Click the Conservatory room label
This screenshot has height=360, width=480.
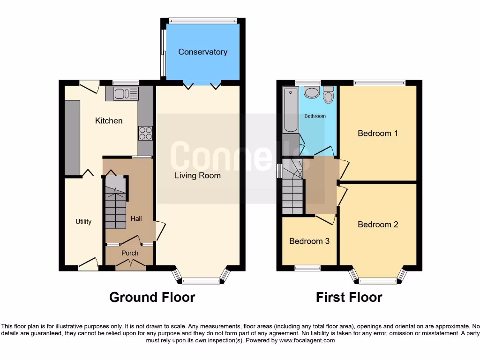202,52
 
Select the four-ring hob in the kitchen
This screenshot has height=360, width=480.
145,134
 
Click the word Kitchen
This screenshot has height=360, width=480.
109,121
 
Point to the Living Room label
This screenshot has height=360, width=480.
197,176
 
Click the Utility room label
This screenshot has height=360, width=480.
83,222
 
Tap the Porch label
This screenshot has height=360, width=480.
130,253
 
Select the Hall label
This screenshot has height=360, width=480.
136,218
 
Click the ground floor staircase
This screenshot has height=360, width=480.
115,206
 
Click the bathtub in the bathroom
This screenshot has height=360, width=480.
291,111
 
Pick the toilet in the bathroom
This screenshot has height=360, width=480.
328,95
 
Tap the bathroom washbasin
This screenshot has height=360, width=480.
311,92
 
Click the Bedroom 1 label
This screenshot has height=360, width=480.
377,134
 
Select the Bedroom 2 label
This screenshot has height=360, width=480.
378,225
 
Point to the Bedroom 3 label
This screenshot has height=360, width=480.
309,241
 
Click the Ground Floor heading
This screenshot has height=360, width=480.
152,297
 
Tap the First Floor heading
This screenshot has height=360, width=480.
349,297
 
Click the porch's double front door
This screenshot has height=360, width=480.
130,266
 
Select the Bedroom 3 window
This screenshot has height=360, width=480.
307,268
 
